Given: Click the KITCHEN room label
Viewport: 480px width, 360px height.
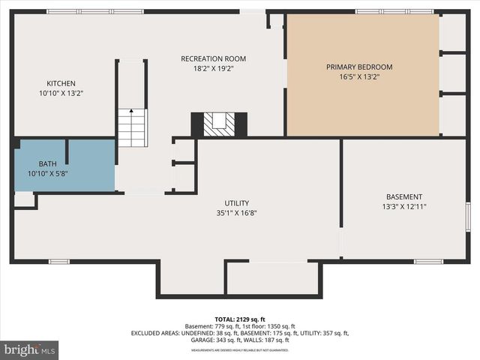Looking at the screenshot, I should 61,83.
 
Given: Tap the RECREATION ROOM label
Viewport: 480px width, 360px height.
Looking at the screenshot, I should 213,58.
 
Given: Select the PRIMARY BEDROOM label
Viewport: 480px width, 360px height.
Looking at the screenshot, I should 358,67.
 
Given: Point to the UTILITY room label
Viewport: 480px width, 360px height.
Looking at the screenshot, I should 236,202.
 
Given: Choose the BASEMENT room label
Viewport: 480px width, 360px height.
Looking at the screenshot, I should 404,196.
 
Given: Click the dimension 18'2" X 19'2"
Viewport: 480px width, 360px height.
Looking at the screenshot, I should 213,68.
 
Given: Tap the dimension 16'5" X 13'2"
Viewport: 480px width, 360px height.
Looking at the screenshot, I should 358,76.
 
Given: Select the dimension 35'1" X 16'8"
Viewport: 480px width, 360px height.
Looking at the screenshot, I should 236,212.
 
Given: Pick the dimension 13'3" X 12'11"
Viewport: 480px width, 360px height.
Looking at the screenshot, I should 404,206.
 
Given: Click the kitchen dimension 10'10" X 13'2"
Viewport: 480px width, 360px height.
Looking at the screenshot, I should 61,93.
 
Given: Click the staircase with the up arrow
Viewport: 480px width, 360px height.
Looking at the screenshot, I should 132,127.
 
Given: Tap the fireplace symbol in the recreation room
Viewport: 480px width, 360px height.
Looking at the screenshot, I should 219,124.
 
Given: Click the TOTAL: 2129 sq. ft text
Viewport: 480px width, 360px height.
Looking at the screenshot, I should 239,319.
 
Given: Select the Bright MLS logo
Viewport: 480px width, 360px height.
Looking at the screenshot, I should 29,349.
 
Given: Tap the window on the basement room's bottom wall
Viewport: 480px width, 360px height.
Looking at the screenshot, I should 428,261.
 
